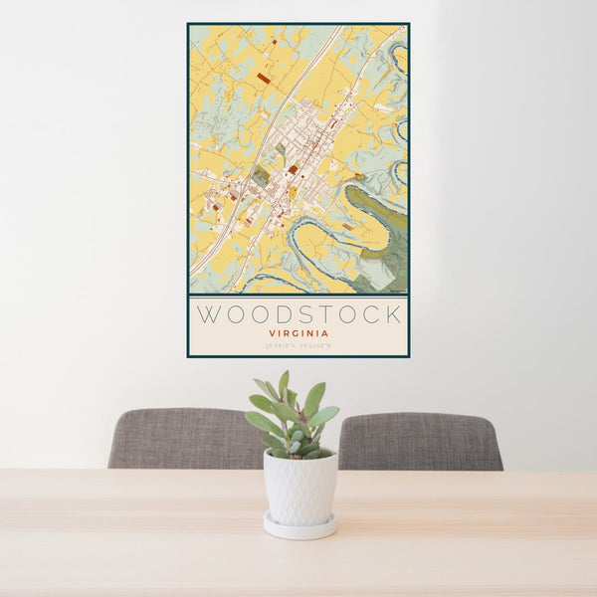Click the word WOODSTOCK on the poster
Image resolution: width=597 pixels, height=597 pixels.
[x=298, y=315]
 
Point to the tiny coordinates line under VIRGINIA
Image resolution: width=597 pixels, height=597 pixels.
[x=298, y=346]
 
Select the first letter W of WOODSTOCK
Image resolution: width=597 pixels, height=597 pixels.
[x=209, y=315]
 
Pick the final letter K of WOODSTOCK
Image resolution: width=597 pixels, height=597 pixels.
[x=393, y=315]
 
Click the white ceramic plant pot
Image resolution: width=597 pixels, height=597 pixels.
[x=299, y=487]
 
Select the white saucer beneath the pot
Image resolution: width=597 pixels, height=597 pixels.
[x=298, y=527]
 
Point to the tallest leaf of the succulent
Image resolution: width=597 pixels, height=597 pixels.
[x=284, y=384]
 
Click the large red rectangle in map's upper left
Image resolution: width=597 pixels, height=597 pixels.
[x=264, y=78]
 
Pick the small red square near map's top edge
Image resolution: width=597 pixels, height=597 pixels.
[x=273, y=42]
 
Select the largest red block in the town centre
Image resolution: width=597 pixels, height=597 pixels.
[x=294, y=170]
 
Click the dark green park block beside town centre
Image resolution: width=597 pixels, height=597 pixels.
[x=261, y=176]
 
